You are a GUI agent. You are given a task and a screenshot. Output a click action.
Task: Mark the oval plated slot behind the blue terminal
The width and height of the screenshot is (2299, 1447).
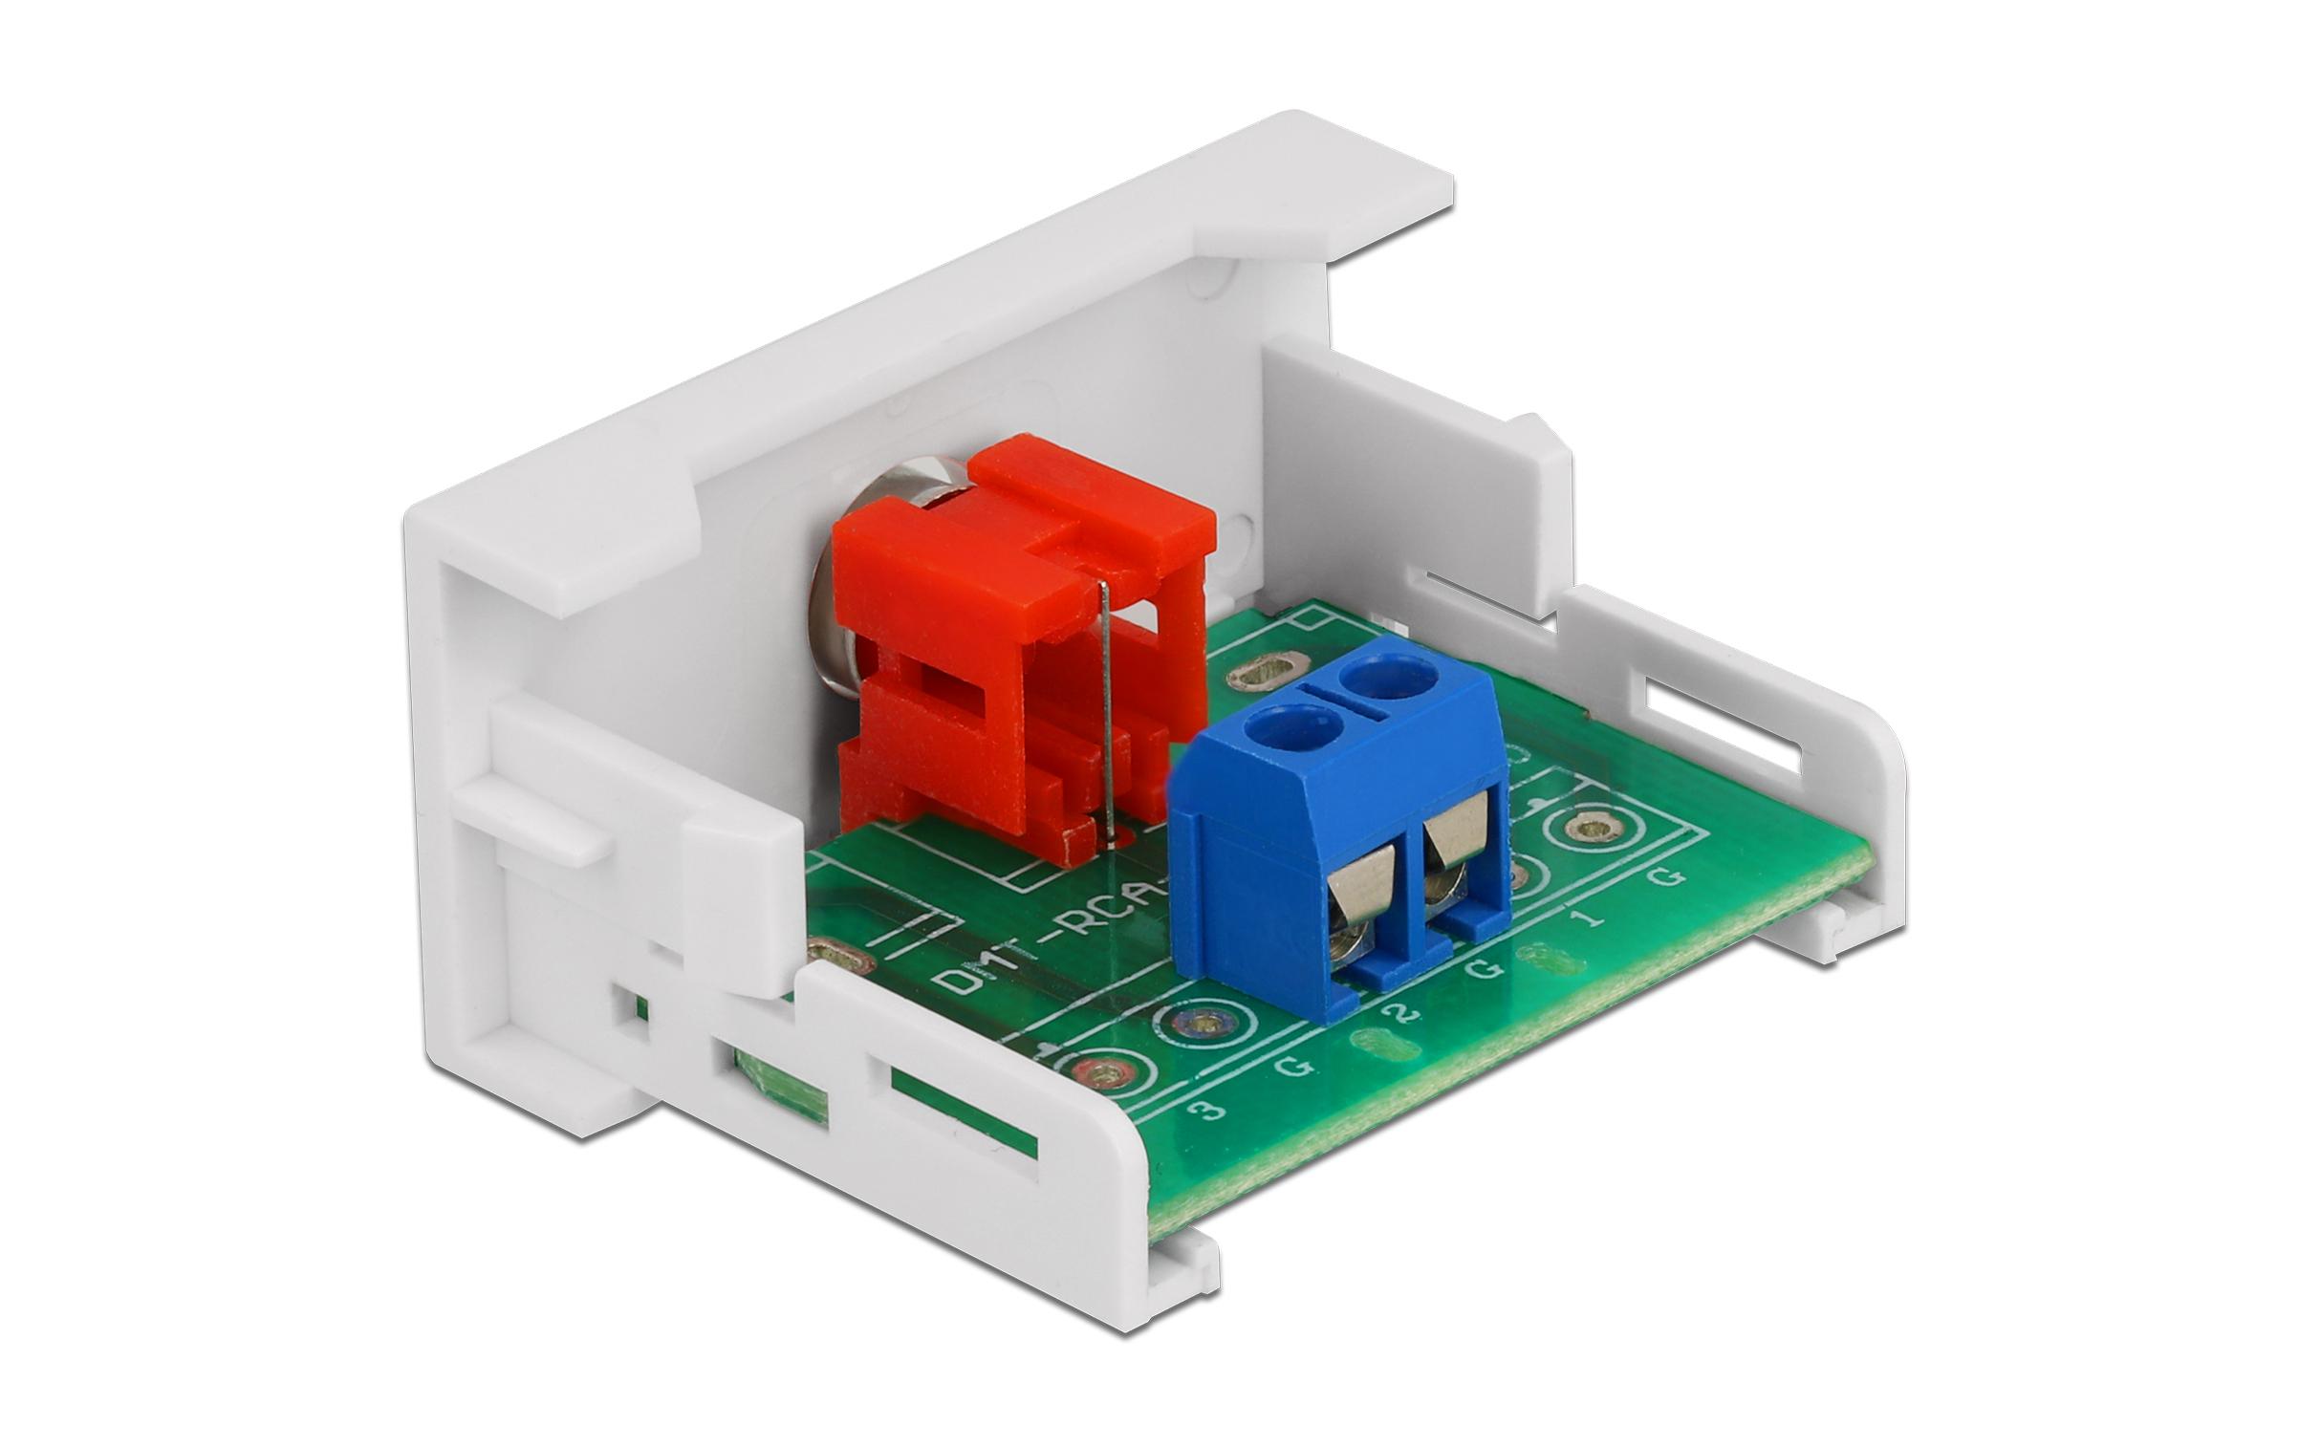click(1269, 672)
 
